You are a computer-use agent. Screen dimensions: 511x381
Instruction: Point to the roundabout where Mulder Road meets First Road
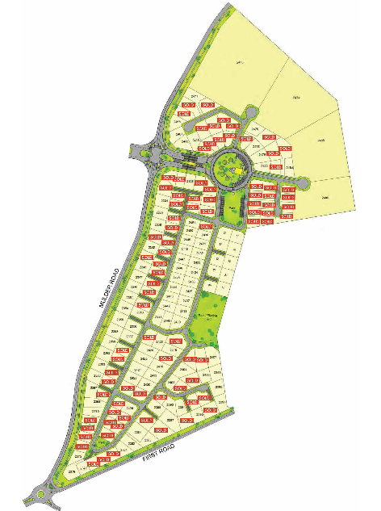40,495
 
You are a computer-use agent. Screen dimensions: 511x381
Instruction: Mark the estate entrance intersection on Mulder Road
146,151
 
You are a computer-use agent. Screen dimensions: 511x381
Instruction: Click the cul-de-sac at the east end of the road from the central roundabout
301,185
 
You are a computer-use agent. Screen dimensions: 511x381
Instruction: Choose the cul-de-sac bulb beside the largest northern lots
252,112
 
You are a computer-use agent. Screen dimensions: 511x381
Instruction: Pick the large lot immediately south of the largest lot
299,97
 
